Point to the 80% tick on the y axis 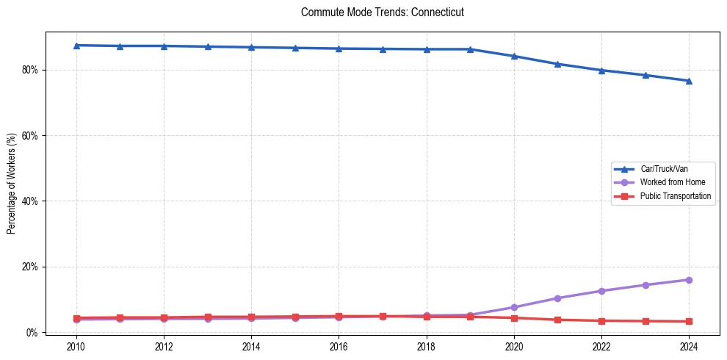pyautogui.click(x=31, y=70)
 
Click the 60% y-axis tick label pyautogui.click(x=31, y=136)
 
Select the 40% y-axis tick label pyautogui.click(x=31, y=201)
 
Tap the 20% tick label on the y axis pyautogui.click(x=31, y=267)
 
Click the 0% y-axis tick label pyautogui.click(x=33, y=332)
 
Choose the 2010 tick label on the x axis pyautogui.click(x=76, y=347)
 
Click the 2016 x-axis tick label pyautogui.click(x=339, y=347)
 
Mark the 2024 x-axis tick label pyautogui.click(x=689, y=347)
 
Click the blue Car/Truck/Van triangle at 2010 pyautogui.click(x=76, y=46)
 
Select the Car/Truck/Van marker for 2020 pyautogui.click(x=514, y=56)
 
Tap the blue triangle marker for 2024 pyautogui.click(x=689, y=81)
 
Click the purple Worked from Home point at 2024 pyautogui.click(x=689, y=280)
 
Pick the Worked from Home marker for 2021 pyautogui.click(x=557, y=298)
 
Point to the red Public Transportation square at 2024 pyautogui.click(x=689, y=321)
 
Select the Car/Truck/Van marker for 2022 pyautogui.click(x=601, y=71)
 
